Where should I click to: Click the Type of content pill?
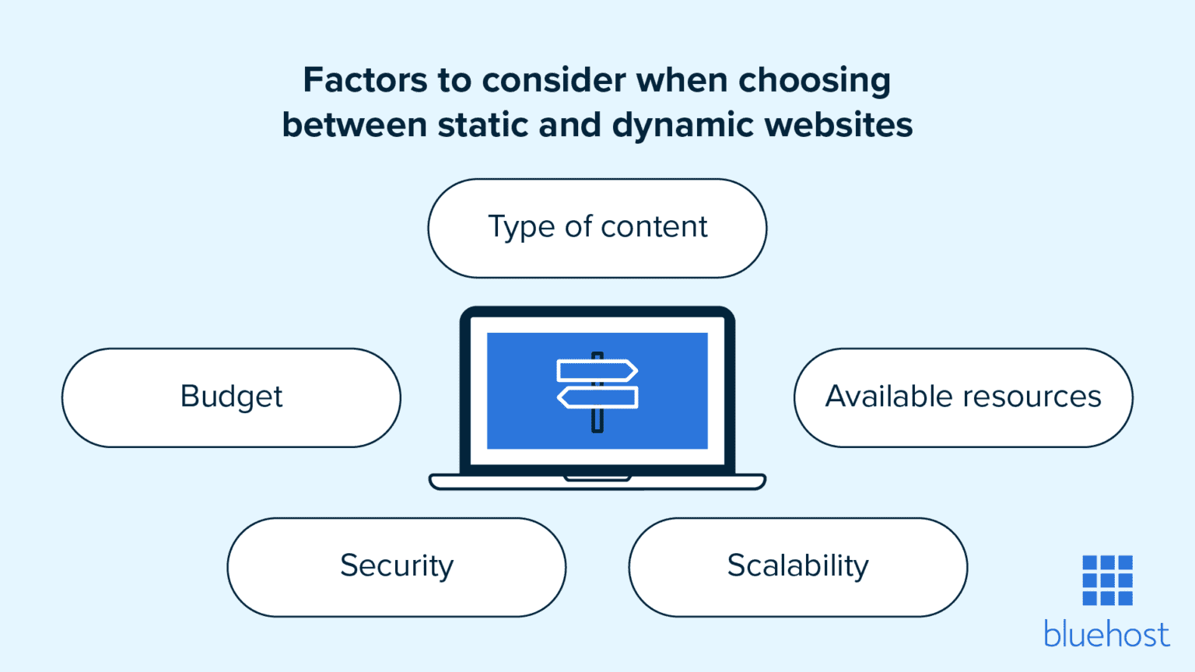click(597, 228)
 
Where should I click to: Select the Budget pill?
click(231, 397)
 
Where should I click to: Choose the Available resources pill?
click(963, 397)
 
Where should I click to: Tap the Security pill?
click(397, 567)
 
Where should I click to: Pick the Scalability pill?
click(797, 567)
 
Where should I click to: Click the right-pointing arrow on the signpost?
click(597, 370)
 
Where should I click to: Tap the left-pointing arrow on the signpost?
click(597, 397)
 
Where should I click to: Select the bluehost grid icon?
click(1107, 580)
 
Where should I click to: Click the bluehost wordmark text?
click(1106, 635)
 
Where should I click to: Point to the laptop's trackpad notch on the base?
click(597, 478)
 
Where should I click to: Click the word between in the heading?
click(354, 125)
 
